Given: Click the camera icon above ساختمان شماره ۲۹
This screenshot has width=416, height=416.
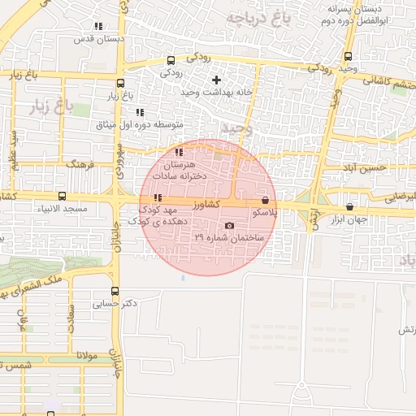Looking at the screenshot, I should point(229,225).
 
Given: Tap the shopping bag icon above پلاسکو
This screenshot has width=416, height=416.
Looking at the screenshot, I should point(265,200).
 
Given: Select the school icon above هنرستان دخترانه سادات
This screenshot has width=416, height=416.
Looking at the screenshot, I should point(179,152).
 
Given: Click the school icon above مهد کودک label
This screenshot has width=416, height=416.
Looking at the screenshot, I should point(157,197).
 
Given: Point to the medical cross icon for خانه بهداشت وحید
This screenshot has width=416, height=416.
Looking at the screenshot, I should point(216,80).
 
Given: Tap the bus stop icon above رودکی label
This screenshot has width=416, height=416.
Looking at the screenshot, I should point(170,59).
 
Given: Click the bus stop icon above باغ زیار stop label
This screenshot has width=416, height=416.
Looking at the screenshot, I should point(120,83).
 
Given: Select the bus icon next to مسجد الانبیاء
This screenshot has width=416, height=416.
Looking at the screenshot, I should point(63,196).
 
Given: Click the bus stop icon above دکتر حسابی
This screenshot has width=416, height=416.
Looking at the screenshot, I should point(115,290).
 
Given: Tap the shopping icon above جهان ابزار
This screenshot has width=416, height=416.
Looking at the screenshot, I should point(349,206).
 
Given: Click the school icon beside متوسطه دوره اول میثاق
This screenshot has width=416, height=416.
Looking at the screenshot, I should point(140,112).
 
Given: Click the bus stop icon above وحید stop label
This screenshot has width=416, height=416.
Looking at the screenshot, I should point(348,57).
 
